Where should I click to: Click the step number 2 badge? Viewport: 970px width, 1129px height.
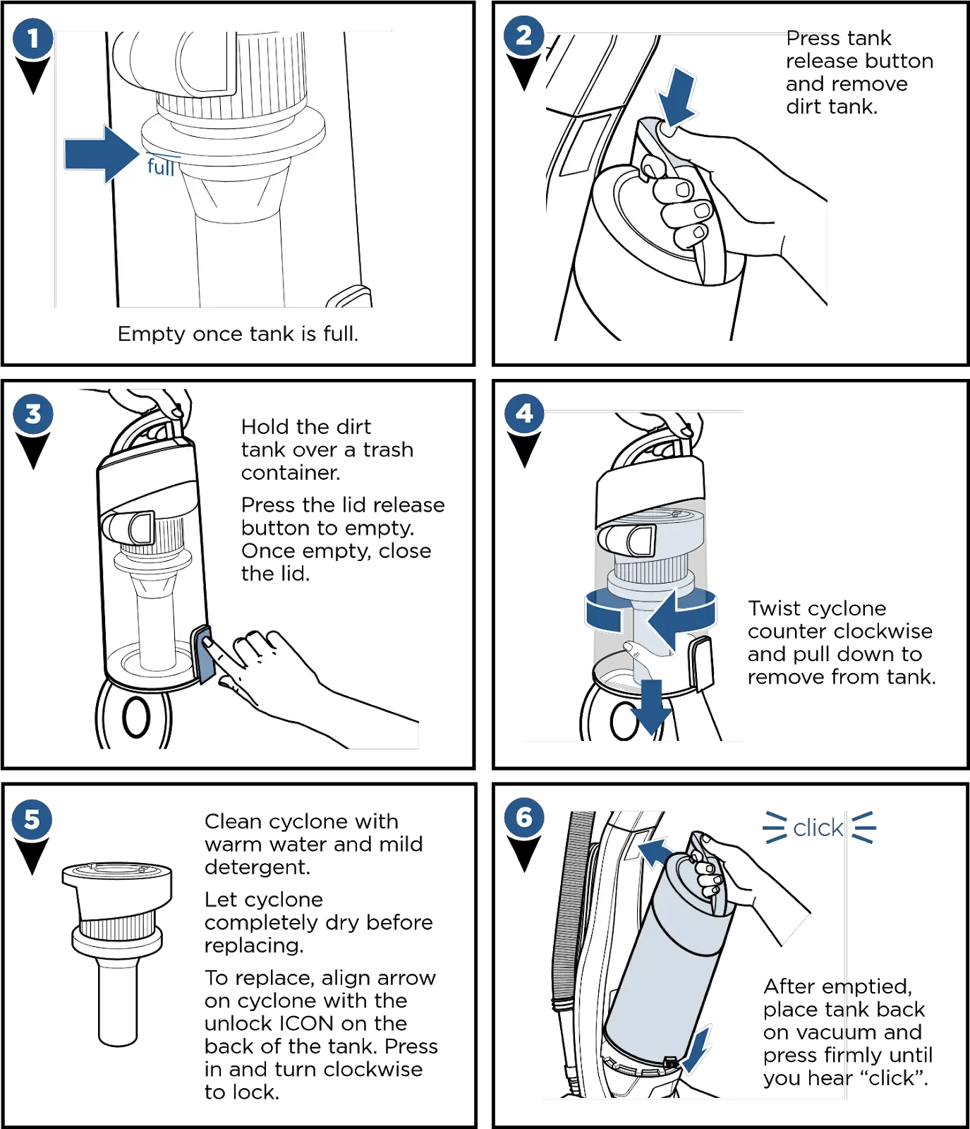click(523, 35)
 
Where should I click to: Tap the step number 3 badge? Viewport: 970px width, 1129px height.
click(32, 413)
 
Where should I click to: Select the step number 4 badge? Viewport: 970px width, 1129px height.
click(523, 413)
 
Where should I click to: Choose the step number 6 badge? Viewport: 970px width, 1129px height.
click(523, 817)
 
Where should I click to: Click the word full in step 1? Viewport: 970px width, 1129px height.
click(161, 167)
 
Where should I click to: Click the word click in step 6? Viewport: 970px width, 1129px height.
click(818, 828)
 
